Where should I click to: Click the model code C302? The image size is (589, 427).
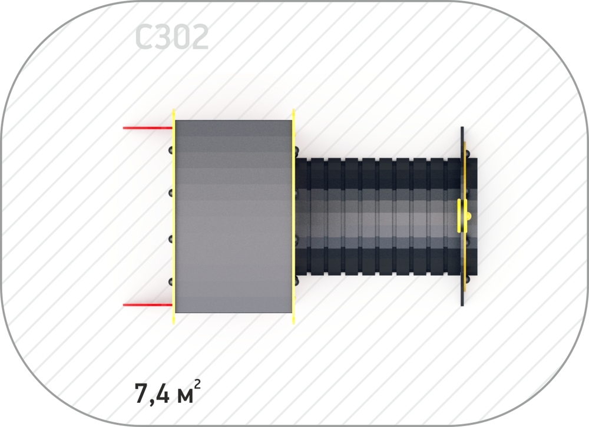click(171, 37)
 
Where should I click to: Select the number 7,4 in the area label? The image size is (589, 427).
click(152, 394)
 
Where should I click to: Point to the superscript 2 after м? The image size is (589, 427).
click(198, 385)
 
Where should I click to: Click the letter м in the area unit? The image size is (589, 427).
click(185, 396)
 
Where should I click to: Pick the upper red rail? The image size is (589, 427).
click(148, 128)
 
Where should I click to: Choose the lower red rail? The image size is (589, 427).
click(148, 304)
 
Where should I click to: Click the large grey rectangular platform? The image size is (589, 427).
click(233, 217)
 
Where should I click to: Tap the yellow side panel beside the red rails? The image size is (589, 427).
click(174, 216)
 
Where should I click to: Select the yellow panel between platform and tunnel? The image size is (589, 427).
click(293, 216)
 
